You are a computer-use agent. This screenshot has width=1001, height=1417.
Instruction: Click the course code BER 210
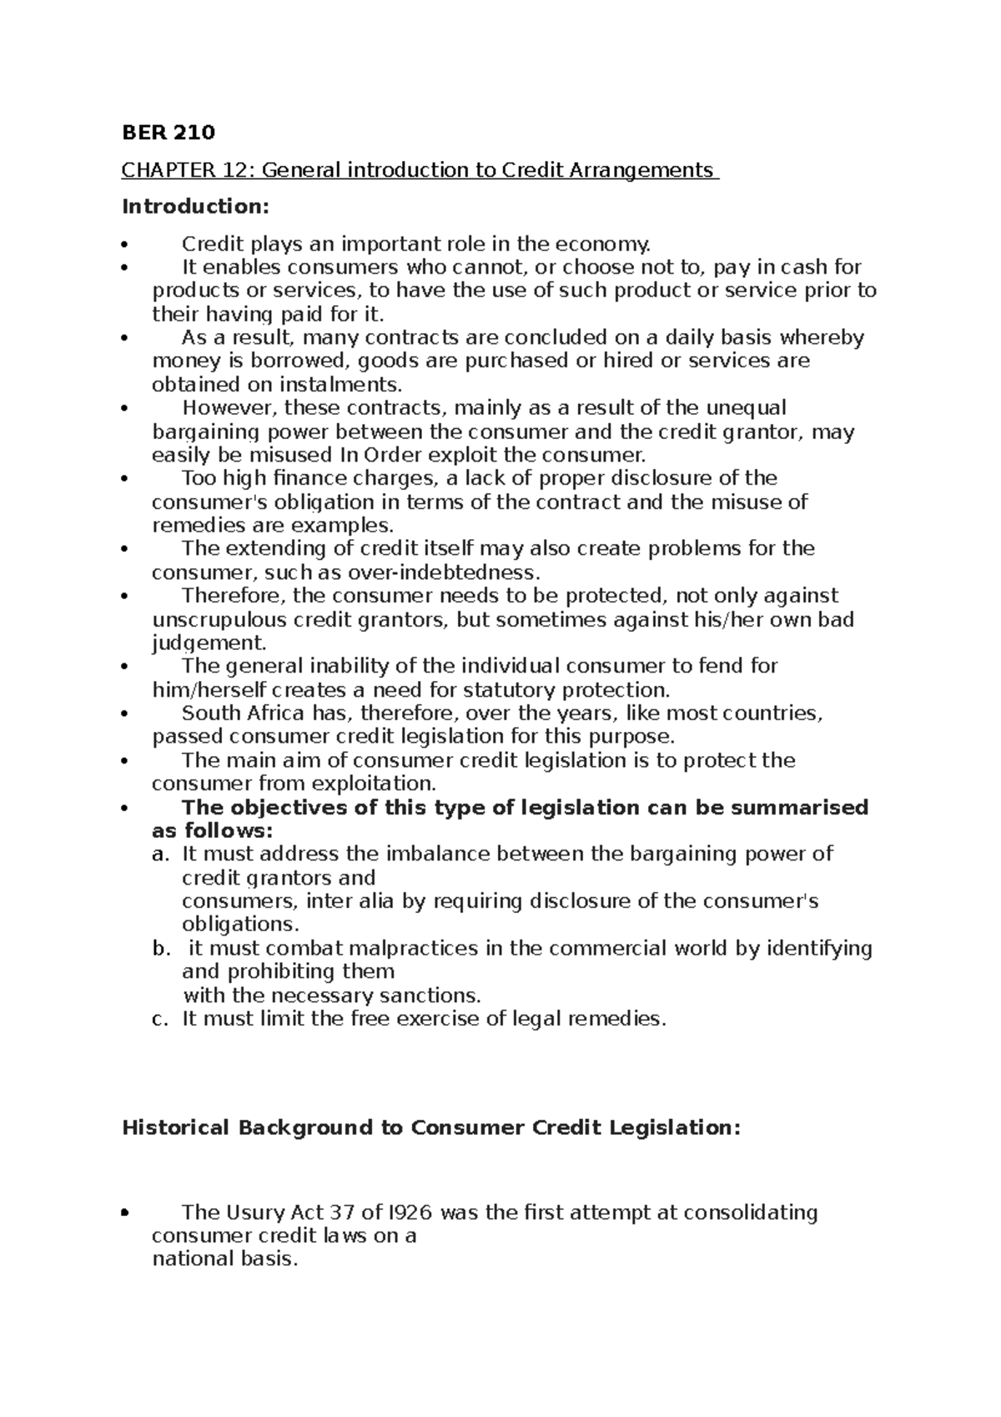[169, 133]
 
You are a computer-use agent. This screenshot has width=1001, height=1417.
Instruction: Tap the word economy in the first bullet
[607, 245]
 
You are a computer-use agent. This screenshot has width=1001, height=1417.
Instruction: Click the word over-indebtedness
[457, 572]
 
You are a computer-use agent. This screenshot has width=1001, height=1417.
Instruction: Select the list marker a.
[159, 855]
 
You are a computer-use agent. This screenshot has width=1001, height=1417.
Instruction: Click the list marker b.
[160, 949]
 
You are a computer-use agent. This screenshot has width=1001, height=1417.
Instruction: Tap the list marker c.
[159, 1019]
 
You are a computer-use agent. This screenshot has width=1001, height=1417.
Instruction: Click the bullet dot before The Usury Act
[124, 1213]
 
